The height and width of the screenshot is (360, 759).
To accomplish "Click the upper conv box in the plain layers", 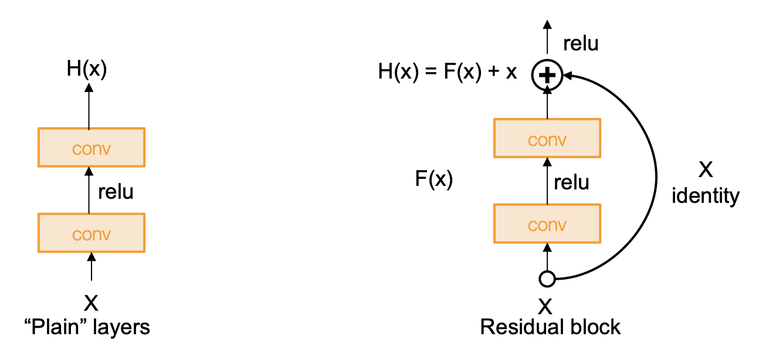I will click(x=91, y=148).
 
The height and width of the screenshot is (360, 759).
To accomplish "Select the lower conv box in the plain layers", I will click(x=91, y=233).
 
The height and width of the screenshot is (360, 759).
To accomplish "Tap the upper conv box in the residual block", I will click(x=547, y=139).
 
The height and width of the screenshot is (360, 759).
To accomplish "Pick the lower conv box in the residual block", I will click(x=547, y=224).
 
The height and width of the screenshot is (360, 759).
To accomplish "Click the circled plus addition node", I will click(x=547, y=74).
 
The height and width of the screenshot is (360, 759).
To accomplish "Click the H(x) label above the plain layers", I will click(x=86, y=69).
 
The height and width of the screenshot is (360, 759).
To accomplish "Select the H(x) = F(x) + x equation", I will click(x=448, y=73).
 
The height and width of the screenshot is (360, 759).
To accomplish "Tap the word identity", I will click(x=706, y=196).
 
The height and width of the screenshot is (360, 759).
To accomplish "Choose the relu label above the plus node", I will click(x=580, y=43).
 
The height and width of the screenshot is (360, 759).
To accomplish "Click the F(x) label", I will click(x=433, y=179).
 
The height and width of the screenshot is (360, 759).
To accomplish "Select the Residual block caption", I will click(x=550, y=327).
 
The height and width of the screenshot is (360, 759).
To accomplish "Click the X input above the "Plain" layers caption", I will click(x=91, y=303).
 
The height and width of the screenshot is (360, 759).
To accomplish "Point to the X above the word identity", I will click(x=706, y=170).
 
